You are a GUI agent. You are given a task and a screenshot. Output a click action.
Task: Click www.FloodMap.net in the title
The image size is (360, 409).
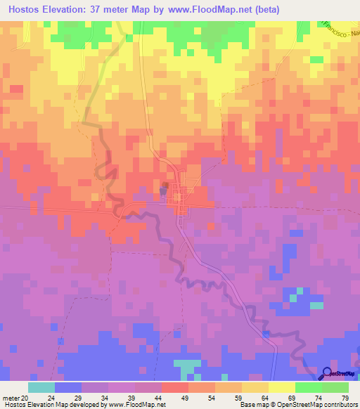pos(202,10)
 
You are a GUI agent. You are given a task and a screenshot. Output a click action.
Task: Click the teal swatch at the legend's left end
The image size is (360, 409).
pos(41,387)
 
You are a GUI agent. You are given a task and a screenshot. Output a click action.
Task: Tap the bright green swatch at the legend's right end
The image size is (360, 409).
pos(335,387)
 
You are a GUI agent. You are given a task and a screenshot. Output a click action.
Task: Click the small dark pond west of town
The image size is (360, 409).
pos(165,190)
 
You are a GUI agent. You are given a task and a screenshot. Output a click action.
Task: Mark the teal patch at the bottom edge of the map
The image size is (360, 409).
pos(186,367)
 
